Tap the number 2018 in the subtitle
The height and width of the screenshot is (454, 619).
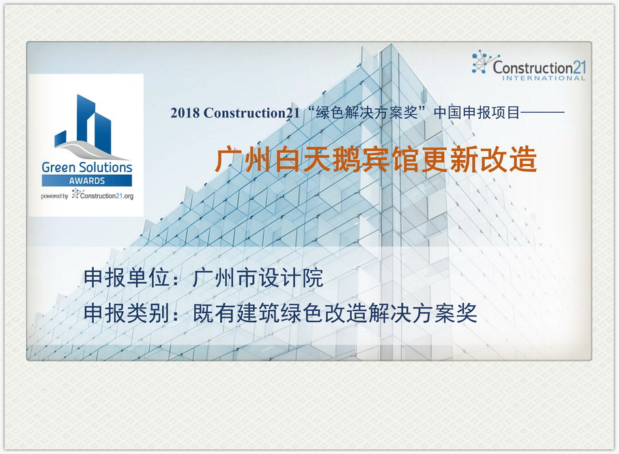(184, 113)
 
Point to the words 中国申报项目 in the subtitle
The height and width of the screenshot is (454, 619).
(477, 112)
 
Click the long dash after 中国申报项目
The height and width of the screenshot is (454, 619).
(543, 113)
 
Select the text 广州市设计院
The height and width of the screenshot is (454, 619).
(258, 279)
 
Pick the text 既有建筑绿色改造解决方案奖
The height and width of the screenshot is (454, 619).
(335, 314)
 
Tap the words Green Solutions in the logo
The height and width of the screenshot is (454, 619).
(87, 167)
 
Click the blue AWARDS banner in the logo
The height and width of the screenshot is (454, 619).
(87, 181)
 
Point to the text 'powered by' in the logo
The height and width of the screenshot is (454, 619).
(54, 196)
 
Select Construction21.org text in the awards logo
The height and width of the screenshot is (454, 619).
(106, 195)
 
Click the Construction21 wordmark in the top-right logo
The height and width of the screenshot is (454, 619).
(540, 67)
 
